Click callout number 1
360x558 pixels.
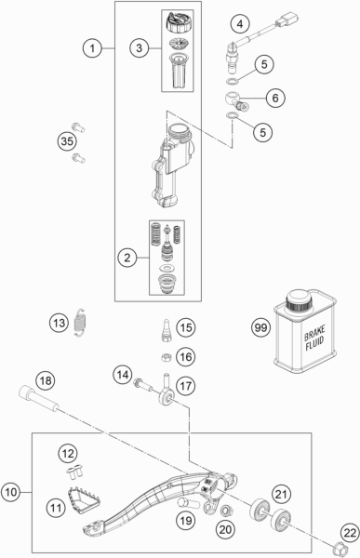tap(90, 46)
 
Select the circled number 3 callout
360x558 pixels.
tap(137, 46)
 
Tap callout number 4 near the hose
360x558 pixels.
tap(240, 22)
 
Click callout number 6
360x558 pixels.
tap(276, 98)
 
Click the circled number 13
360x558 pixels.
tap(60, 323)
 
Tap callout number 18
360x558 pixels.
tap(44, 379)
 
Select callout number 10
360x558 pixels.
tap(11, 490)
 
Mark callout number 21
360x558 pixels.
tap(280, 494)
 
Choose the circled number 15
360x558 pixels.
tap(186, 326)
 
